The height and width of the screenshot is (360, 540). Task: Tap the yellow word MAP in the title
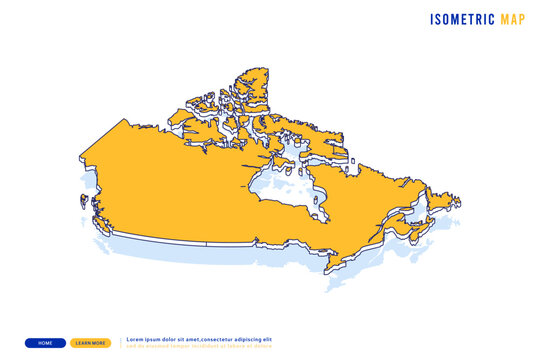tap(511, 19)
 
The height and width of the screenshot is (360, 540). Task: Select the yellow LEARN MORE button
tap(91, 343)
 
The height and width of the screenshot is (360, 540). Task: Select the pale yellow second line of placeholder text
tap(200, 346)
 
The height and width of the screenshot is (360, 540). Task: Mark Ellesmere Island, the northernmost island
tap(250, 84)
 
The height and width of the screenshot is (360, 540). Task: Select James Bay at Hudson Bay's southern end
tap(317, 210)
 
